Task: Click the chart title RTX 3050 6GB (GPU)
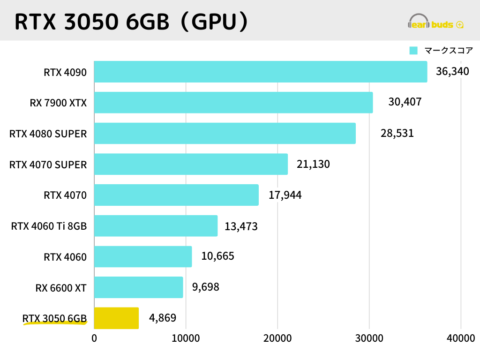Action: [130, 22]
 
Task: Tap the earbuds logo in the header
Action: [436, 22]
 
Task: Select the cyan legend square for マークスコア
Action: [413, 51]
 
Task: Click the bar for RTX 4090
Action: [261, 72]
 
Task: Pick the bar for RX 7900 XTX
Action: [233, 103]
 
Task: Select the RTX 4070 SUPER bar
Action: [191, 164]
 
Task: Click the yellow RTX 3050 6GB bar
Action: [117, 318]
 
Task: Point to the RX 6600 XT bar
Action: [139, 287]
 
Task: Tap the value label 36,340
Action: [452, 72]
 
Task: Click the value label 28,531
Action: [397, 133]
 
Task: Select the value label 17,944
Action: [285, 195]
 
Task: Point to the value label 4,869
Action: [163, 318]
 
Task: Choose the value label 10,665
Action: [217, 256]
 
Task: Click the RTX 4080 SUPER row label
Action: [48, 134]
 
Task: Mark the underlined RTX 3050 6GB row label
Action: [54, 319]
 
